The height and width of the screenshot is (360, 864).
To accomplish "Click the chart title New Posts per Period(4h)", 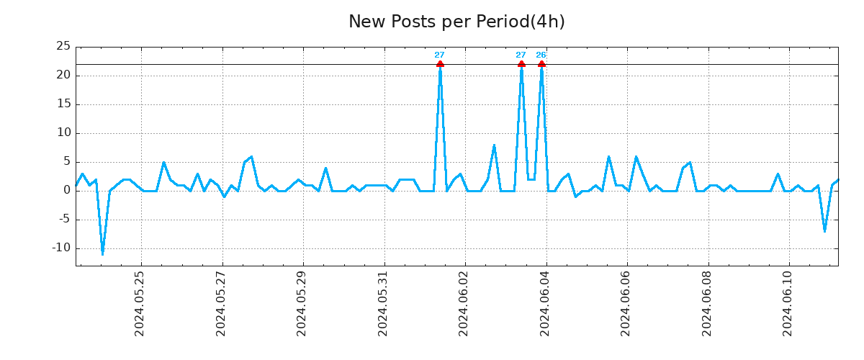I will click(456, 22).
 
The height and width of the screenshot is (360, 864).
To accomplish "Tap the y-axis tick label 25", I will click(63, 46).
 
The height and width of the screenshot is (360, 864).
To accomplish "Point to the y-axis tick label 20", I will click(63, 75).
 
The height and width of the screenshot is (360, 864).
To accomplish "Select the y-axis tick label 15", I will click(63, 104).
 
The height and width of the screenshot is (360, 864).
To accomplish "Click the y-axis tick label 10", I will click(63, 132).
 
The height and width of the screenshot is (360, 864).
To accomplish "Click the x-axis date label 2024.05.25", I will click(140, 303).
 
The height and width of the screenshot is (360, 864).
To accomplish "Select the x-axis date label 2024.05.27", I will click(221, 303).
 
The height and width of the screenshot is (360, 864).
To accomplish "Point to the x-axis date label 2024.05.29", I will click(302, 303).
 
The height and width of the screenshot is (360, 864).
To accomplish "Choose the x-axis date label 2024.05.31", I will click(383, 303).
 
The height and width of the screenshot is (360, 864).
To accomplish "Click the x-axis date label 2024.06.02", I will click(464, 303).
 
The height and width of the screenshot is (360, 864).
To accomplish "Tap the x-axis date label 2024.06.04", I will click(545, 303).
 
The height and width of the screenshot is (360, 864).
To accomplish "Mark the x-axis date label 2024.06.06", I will click(626, 303).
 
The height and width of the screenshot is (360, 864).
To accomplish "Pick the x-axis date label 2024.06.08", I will click(707, 303).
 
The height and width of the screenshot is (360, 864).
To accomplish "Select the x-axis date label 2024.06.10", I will click(788, 303).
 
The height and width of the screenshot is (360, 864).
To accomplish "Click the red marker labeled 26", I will click(541, 64).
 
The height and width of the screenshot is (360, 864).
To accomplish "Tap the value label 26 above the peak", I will click(541, 55).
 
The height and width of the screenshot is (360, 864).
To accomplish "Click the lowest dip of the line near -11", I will click(102, 253).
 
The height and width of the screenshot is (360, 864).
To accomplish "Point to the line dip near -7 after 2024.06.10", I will click(825, 230).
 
